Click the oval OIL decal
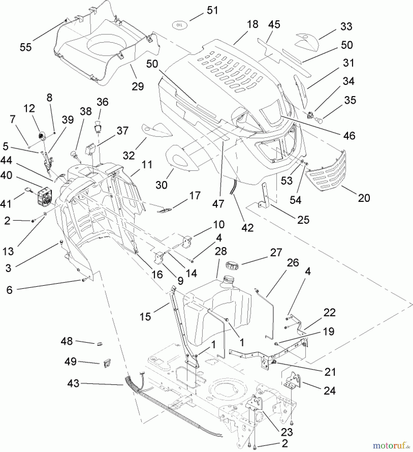click(179, 25)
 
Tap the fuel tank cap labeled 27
click(232, 265)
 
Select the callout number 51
click(212, 11)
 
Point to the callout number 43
click(73, 383)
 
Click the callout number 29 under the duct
click(138, 86)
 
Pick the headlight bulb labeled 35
click(319, 121)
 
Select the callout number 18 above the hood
click(252, 24)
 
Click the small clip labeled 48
click(99, 344)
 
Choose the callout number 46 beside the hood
click(349, 136)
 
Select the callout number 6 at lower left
click(9, 290)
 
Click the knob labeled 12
click(41, 136)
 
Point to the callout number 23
click(287, 432)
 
